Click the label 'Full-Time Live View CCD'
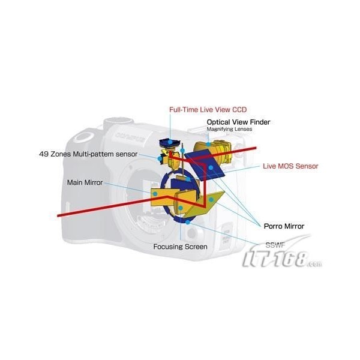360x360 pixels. (208, 110)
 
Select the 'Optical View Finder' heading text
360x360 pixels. (238, 122)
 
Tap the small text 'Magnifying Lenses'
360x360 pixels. (229, 129)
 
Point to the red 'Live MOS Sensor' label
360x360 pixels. (290, 166)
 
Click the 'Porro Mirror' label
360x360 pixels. (284, 226)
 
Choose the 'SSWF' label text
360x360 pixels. (275, 245)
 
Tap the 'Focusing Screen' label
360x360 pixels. (180, 247)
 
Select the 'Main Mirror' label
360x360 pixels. (85, 182)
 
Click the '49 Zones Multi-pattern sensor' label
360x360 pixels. (88, 154)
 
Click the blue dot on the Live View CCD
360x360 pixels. (170, 142)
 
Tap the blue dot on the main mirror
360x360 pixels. (155, 194)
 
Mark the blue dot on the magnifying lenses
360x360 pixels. (208, 145)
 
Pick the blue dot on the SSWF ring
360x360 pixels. (188, 222)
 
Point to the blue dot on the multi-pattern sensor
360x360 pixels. (160, 158)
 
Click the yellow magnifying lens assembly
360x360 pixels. (214, 151)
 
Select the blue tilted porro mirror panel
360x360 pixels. (205, 165)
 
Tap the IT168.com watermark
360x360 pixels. (283, 257)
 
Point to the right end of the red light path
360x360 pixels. (256, 148)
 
